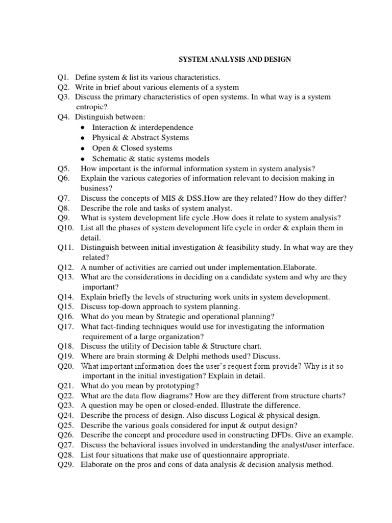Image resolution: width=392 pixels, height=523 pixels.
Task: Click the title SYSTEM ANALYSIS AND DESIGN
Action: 234,59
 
